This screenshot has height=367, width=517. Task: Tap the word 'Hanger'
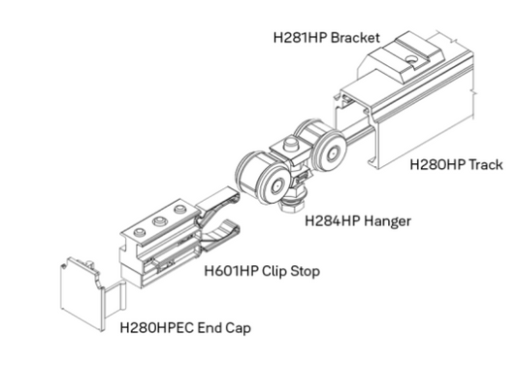385,220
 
